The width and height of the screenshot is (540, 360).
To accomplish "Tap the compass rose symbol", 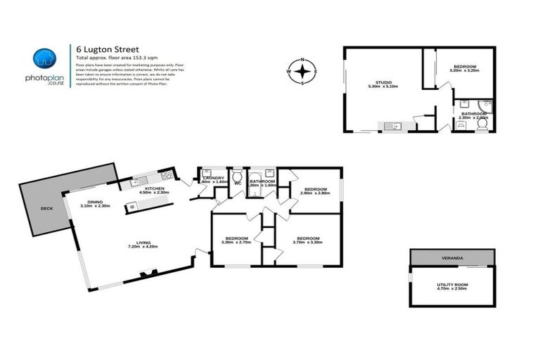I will point(302,72).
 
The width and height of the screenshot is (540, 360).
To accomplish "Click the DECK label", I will point(47,209).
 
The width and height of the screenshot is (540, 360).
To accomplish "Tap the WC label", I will point(237,183).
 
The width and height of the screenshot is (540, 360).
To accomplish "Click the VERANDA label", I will point(452,259).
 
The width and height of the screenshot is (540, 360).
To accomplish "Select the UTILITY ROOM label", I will point(452,285).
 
